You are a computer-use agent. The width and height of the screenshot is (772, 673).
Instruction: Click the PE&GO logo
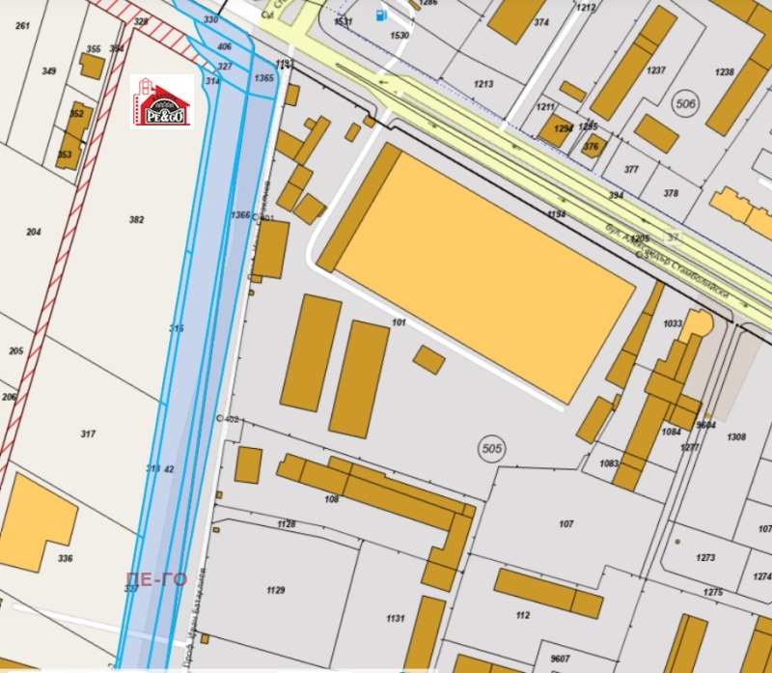point(162,102)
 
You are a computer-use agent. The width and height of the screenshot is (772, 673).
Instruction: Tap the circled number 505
point(492,449)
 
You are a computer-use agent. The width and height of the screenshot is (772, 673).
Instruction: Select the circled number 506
point(686,105)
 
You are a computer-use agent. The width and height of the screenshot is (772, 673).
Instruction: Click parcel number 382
point(136,220)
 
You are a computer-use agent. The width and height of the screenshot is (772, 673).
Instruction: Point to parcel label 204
point(34,232)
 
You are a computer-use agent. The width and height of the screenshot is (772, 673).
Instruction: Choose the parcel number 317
point(88,435)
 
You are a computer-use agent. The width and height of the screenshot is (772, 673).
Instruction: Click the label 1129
point(276,590)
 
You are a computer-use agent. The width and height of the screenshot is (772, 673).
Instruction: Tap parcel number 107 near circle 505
point(566,524)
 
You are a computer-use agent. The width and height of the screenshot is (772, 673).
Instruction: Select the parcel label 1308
point(736,437)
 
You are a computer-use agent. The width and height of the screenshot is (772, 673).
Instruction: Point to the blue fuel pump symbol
point(382,14)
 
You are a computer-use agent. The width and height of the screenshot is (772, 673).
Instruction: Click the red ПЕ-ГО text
point(155,579)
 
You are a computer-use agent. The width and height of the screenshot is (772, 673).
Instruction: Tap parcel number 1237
point(656,70)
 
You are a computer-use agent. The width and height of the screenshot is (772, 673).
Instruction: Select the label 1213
point(483,84)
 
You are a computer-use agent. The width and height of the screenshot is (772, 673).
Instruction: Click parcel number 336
point(65,558)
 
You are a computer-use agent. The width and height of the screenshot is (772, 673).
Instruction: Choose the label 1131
point(395,618)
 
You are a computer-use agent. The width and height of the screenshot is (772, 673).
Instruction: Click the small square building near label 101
point(428,360)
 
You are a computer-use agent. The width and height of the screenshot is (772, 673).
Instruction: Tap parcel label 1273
point(705,557)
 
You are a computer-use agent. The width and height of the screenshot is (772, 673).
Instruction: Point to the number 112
point(523,615)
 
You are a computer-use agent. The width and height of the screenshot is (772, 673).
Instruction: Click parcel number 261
point(22,25)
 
